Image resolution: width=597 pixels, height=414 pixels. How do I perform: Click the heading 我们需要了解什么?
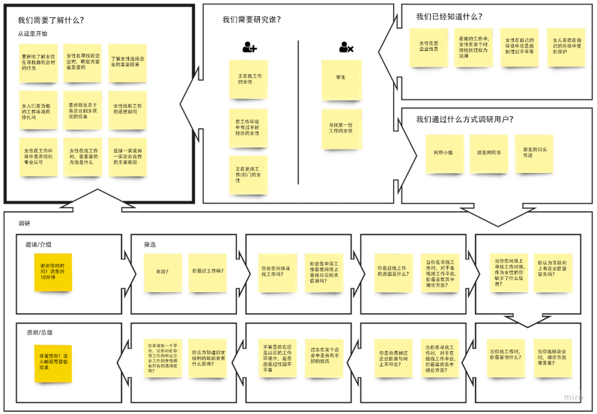(51, 20)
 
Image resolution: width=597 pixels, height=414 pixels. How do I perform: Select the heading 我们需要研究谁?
(252, 19)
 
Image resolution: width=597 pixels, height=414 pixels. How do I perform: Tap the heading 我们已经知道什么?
(449, 17)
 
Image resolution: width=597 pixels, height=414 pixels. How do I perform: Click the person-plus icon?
(249, 48)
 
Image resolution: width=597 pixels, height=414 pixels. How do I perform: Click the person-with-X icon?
(346, 48)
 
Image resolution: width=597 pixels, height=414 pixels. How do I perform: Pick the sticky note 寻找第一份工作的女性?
(342, 129)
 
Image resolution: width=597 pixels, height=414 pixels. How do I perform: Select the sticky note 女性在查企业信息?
(428, 47)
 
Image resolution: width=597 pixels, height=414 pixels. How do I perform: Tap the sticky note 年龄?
(163, 272)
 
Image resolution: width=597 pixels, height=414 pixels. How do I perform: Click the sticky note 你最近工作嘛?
(208, 272)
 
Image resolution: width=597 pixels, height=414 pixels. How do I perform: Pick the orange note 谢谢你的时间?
(53, 272)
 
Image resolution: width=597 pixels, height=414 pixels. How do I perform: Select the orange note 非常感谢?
(53, 363)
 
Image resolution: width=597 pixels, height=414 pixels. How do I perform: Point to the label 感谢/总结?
(40, 333)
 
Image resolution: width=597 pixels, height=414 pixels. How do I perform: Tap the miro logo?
(574, 397)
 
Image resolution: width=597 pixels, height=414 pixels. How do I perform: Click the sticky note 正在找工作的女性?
(249, 79)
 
